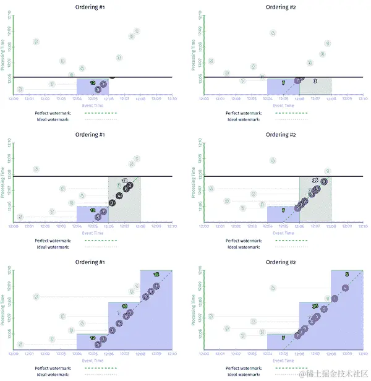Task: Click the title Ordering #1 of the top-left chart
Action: point(91,7)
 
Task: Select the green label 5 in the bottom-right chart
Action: point(347,274)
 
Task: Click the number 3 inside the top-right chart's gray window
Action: point(315,81)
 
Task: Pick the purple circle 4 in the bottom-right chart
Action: point(335,298)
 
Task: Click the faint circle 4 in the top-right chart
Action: point(273,33)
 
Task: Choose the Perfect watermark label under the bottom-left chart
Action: point(53,367)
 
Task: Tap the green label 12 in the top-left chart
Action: point(93,82)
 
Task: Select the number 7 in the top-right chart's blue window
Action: point(283,82)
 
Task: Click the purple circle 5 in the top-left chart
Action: point(98,90)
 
